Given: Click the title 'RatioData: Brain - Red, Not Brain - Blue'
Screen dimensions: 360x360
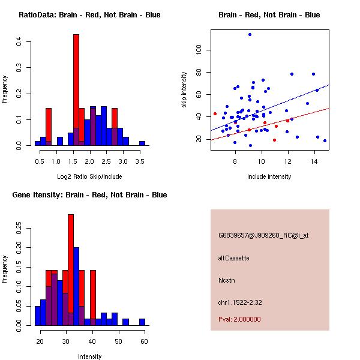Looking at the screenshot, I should (89, 15).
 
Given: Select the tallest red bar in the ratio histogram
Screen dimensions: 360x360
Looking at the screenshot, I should (76, 90).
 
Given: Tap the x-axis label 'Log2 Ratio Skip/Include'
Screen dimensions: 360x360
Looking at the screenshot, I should (89, 176).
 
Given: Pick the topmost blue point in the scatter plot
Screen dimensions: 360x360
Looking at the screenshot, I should (250, 35).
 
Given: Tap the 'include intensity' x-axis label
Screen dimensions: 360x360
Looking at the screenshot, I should (269, 176).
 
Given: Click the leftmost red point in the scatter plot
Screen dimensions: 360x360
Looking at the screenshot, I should (215, 113).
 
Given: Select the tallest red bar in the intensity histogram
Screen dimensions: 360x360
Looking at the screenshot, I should (71, 270).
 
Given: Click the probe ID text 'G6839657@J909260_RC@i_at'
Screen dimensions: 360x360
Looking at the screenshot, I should (263, 236).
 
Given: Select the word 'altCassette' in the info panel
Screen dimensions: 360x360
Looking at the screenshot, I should (233, 258).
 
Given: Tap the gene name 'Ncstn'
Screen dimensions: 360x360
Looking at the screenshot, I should (226, 280).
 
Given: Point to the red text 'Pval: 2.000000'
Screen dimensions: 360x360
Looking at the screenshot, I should (239, 319).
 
